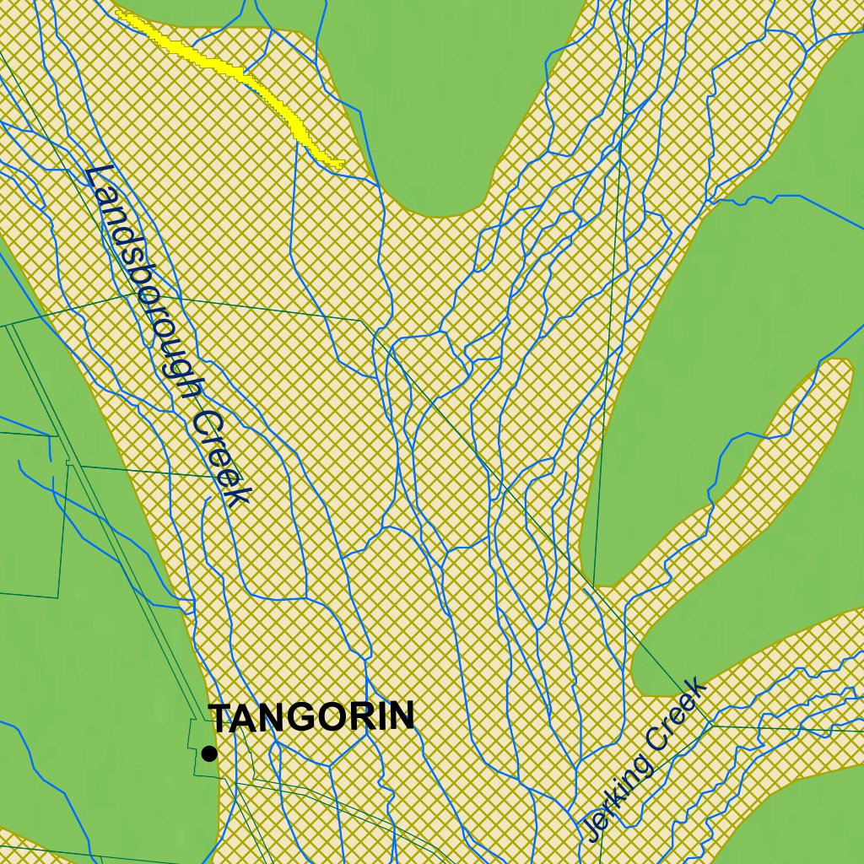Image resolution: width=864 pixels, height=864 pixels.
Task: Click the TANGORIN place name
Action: click(x=312, y=717)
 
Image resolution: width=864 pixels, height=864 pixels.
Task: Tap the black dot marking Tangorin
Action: click(x=209, y=753)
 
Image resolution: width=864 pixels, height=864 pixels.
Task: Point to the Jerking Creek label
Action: click(x=643, y=760)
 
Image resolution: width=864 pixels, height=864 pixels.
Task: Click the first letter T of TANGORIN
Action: click(x=222, y=718)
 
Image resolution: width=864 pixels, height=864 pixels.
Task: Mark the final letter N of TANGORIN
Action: click(x=402, y=716)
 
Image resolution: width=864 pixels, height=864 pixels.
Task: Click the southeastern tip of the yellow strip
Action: click(x=339, y=164)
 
